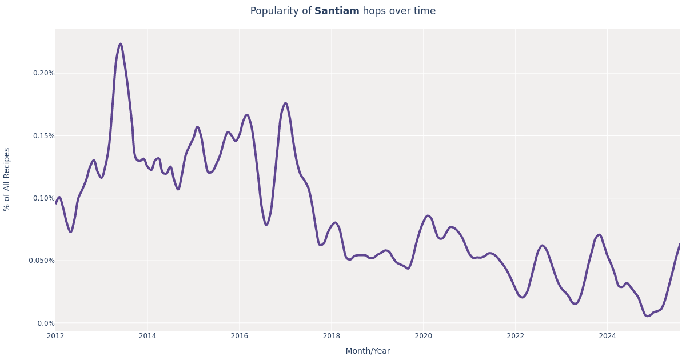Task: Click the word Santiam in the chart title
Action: tap(337, 11)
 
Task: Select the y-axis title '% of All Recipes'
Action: tap(7, 179)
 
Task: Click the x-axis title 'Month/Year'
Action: tap(368, 351)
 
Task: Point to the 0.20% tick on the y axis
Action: tap(43, 73)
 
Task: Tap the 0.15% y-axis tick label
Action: tap(43, 136)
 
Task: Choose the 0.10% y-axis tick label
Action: tap(43, 198)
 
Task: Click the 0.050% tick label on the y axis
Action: tap(42, 261)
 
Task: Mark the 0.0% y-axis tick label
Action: tap(46, 323)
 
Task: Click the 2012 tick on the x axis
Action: tap(55, 336)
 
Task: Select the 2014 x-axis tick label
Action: tap(147, 336)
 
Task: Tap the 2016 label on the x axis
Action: tap(240, 336)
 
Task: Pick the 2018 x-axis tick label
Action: tap(332, 336)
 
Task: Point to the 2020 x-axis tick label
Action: tap(423, 336)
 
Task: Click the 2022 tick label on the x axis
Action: tap(515, 336)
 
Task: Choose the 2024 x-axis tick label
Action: tap(607, 336)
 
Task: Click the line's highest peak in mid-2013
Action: tap(121, 44)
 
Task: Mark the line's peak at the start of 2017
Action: tap(286, 103)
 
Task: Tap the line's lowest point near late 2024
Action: tap(647, 315)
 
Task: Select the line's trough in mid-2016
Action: tap(266, 225)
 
